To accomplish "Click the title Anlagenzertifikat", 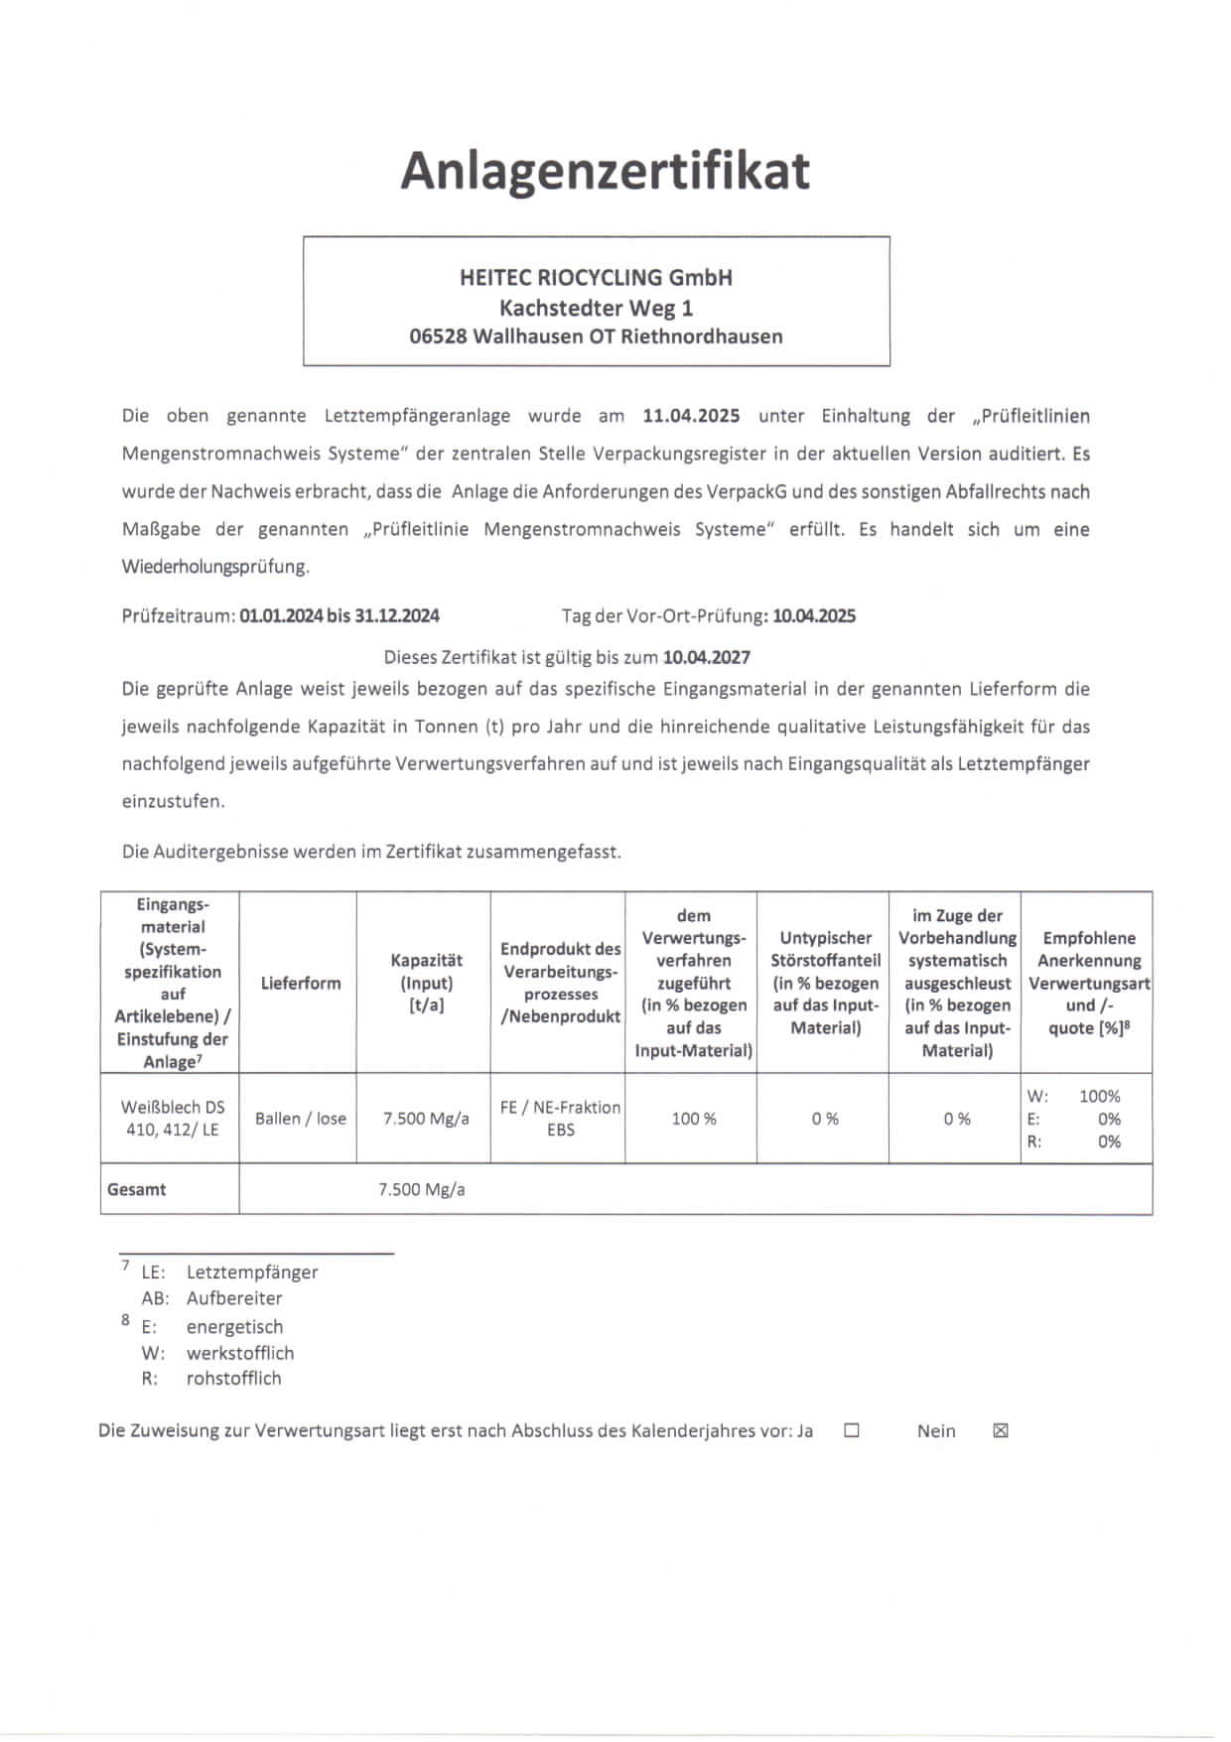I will tap(605, 171).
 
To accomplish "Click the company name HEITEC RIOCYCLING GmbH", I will tap(596, 278).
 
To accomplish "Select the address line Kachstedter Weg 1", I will tap(596, 308).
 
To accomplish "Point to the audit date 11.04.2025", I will tap(691, 416).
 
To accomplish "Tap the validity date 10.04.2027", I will tap(707, 657).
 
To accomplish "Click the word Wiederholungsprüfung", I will tap(215, 567).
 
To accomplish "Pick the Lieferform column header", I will tap(300, 983).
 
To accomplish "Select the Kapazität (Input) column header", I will tap(426, 983).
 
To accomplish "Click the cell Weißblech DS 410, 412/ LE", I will tap(172, 1119).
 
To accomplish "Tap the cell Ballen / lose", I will tap(300, 1119).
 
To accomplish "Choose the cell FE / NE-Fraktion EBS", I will tap(560, 1119).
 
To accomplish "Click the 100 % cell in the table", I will tap(694, 1119).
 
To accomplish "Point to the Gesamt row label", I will tap(136, 1189).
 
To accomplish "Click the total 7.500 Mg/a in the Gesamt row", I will tap(421, 1189).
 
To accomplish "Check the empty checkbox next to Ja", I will tap(851, 1430).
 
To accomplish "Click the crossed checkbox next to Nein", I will tap(1001, 1430).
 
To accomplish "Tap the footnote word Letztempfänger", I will tap(252, 1273).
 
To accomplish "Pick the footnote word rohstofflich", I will tap(233, 1379).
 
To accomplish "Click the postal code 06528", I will tap(438, 336).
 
